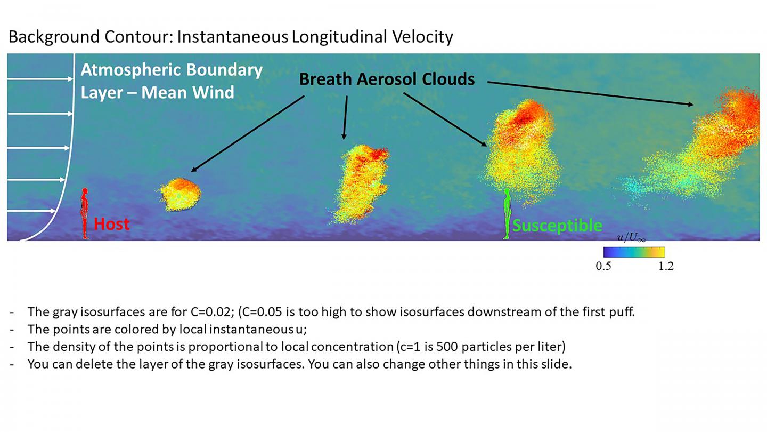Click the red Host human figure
[x=85, y=213]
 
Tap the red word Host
[x=112, y=224]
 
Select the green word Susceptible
[x=557, y=226]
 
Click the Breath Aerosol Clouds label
[x=387, y=79]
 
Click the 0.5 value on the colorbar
[x=603, y=266]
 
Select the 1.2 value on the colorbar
[x=666, y=266]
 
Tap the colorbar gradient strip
[x=634, y=252]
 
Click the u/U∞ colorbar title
[x=631, y=238]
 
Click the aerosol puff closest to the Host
[x=180, y=194]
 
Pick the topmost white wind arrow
[x=40, y=79]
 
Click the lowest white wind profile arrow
[x=31, y=211]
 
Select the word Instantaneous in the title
[x=232, y=37]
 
